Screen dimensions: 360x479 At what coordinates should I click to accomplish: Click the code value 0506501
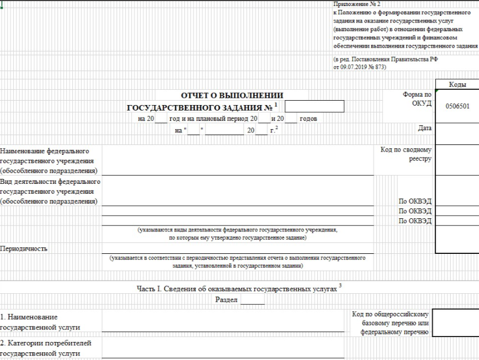(458, 106)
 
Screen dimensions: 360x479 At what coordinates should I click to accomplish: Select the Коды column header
(457, 85)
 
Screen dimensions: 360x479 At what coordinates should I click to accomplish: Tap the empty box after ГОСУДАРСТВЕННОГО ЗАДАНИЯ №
(314, 107)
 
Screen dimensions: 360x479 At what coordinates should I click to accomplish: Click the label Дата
(424, 129)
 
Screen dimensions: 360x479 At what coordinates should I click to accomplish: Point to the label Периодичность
(24, 248)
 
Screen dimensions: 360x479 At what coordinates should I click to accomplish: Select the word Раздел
(227, 300)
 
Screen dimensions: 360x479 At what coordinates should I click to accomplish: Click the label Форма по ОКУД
(417, 99)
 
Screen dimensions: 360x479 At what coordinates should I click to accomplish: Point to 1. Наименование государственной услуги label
(40, 322)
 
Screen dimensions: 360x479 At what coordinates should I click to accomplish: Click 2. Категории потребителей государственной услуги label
(46, 348)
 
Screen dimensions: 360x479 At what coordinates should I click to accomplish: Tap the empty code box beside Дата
(457, 129)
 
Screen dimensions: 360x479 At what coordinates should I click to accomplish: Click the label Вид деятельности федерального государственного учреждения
(49, 191)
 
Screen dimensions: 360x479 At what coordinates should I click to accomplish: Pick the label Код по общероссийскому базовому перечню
(393, 323)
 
